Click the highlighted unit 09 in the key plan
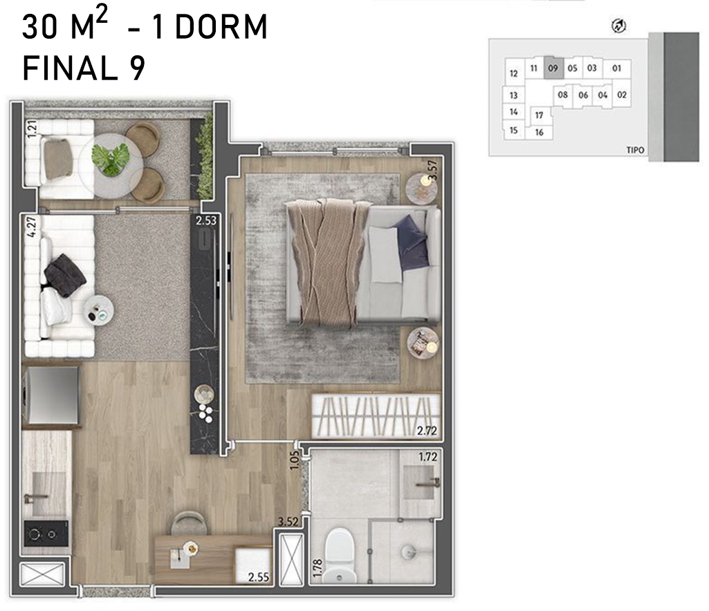[553, 68]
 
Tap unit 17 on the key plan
[539, 115]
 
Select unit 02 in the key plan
[622, 95]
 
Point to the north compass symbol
[618, 26]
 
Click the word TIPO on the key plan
[635, 150]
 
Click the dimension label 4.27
[31, 227]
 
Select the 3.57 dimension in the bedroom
[433, 170]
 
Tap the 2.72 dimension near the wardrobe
[427, 431]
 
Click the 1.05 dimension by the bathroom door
[295, 460]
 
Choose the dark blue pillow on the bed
[412, 241]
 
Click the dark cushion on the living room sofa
[65, 275]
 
